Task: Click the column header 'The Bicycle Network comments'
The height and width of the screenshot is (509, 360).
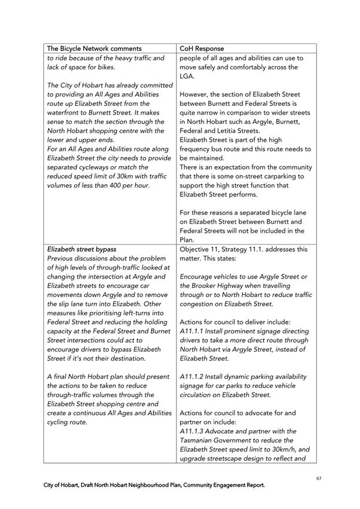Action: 94,49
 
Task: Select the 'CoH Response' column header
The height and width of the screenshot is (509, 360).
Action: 202,49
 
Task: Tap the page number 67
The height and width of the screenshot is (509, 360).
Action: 319,478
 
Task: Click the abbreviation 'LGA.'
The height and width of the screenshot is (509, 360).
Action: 188,76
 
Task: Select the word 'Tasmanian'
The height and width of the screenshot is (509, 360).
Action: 200,441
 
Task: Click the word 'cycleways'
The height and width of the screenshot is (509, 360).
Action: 95,167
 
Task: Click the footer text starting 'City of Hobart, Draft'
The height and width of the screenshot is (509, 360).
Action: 155,485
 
